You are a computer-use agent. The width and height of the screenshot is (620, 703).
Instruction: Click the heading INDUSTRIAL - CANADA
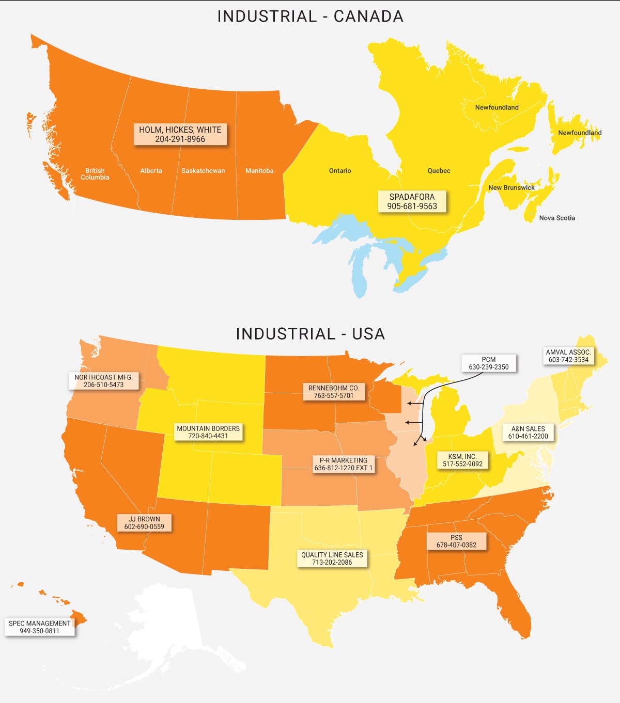tap(310, 17)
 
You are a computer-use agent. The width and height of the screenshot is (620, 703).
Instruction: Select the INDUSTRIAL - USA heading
tap(310, 334)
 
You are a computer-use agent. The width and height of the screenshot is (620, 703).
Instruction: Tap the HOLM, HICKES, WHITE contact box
tap(180, 134)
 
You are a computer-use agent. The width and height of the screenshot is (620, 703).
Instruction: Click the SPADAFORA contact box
tap(412, 201)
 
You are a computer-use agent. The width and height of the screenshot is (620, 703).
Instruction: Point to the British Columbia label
tap(95, 174)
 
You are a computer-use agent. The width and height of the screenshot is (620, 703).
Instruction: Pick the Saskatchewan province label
tap(203, 171)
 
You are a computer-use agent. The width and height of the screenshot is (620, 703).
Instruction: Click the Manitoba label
tap(259, 171)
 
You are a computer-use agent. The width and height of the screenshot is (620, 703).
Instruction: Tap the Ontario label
tap(340, 171)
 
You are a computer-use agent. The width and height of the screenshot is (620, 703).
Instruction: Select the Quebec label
tap(439, 171)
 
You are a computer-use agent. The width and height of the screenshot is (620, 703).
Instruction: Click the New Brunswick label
tap(512, 187)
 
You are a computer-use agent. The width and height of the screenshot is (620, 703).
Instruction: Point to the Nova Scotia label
tap(557, 218)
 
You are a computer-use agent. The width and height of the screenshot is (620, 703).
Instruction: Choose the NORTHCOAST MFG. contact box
tap(103, 381)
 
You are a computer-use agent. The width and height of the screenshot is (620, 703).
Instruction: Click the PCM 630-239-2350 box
tap(488, 363)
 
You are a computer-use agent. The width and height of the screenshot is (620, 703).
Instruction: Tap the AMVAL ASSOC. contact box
tap(568, 356)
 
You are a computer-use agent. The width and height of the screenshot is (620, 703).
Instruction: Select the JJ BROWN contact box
tap(144, 523)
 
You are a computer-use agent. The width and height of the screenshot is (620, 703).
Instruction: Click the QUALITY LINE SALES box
tap(332, 558)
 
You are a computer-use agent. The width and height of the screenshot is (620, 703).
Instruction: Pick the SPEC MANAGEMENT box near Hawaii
tap(40, 627)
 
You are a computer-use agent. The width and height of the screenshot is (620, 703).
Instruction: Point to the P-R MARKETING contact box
tap(343, 464)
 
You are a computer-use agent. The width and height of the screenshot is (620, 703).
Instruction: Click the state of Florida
tap(517, 609)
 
